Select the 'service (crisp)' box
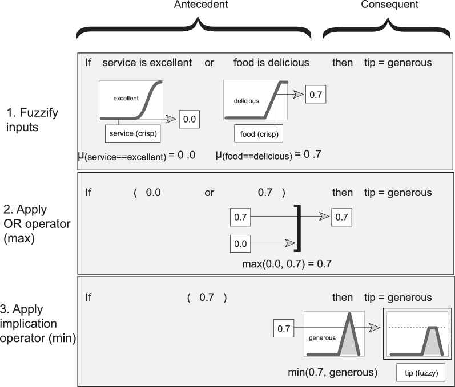pyautogui.click(x=132, y=135)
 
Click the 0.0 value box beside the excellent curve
pyautogui.click(x=188, y=119)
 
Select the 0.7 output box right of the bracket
pyautogui.click(x=342, y=217)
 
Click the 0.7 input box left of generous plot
pyautogui.click(x=284, y=328)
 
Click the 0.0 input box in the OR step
pyautogui.click(x=240, y=243)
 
